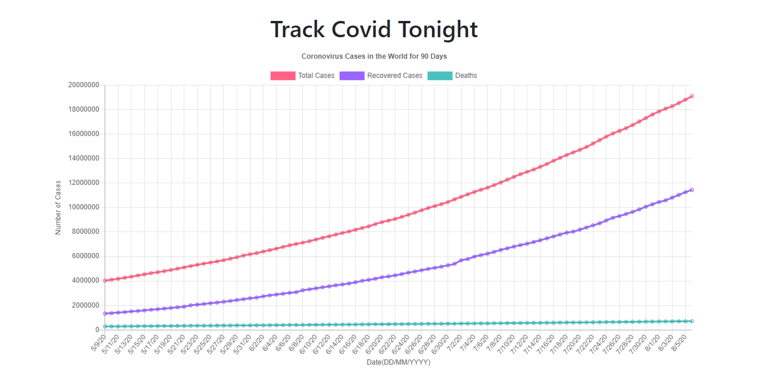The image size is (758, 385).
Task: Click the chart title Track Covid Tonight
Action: (374, 30)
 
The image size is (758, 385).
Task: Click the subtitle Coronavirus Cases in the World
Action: (374, 56)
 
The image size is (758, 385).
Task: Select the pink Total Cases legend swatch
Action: (283, 76)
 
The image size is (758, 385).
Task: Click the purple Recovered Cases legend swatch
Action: (352, 76)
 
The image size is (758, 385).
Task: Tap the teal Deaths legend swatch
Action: (439, 76)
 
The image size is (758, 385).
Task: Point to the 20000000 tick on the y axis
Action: (83, 85)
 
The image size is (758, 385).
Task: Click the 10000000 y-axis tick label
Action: (83, 207)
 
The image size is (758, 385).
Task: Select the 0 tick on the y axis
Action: (96, 330)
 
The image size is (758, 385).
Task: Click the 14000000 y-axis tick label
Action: (83, 158)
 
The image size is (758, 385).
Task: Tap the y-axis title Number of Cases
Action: (58, 207)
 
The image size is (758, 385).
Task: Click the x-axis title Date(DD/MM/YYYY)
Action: (398, 362)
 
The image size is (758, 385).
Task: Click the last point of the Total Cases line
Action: (692, 96)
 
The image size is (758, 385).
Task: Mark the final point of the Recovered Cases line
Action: (692, 190)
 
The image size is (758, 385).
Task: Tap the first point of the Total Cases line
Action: (105, 280)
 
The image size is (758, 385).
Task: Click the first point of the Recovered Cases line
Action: (105, 313)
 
